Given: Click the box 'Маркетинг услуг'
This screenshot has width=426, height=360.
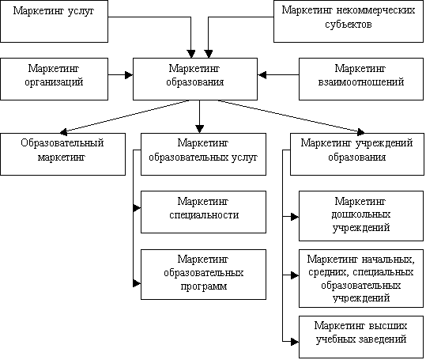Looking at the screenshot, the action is click(x=54, y=21).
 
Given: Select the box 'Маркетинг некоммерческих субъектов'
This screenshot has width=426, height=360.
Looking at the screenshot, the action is click(x=349, y=21).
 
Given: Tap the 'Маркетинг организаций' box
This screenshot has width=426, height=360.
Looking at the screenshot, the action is click(x=54, y=79).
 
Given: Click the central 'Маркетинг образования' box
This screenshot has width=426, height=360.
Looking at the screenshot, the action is click(x=195, y=79).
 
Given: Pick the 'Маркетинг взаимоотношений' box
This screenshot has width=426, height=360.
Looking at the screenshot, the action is click(x=361, y=79).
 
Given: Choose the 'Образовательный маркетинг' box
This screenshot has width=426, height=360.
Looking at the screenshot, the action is click(x=62, y=154).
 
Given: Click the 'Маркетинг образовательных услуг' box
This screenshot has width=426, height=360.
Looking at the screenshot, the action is click(x=203, y=154).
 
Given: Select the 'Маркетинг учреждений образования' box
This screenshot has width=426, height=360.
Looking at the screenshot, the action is click(x=357, y=154).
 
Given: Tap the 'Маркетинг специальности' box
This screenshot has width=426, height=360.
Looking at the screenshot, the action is click(x=203, y=212).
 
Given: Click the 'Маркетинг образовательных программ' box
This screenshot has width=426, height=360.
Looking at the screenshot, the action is click(x=203, y=275).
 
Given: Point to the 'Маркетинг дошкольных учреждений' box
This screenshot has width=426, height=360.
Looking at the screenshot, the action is click(x=361, y=216).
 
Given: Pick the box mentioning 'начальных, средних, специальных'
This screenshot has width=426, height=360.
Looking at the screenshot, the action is click(x=361, y=279).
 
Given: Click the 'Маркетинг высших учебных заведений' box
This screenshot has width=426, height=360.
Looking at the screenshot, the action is click(x=361, y=337).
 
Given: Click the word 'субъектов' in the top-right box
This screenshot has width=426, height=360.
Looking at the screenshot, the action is click(x=349, y=25).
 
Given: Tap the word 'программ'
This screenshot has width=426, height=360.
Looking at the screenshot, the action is click(x=204, y=286).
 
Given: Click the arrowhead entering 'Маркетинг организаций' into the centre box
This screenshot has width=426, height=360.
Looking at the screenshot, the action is click(x=129, y=75).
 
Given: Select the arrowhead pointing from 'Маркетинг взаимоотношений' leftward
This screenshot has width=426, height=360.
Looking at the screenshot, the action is click(x=262, y=75).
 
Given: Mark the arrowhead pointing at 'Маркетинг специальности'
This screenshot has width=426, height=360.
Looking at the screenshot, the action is click(x=137, y=208).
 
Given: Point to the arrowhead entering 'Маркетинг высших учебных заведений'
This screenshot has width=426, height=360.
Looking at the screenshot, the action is click(x=295, y=342).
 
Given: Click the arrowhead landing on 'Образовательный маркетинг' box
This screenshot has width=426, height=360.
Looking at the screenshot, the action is click(x=63, y=132).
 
